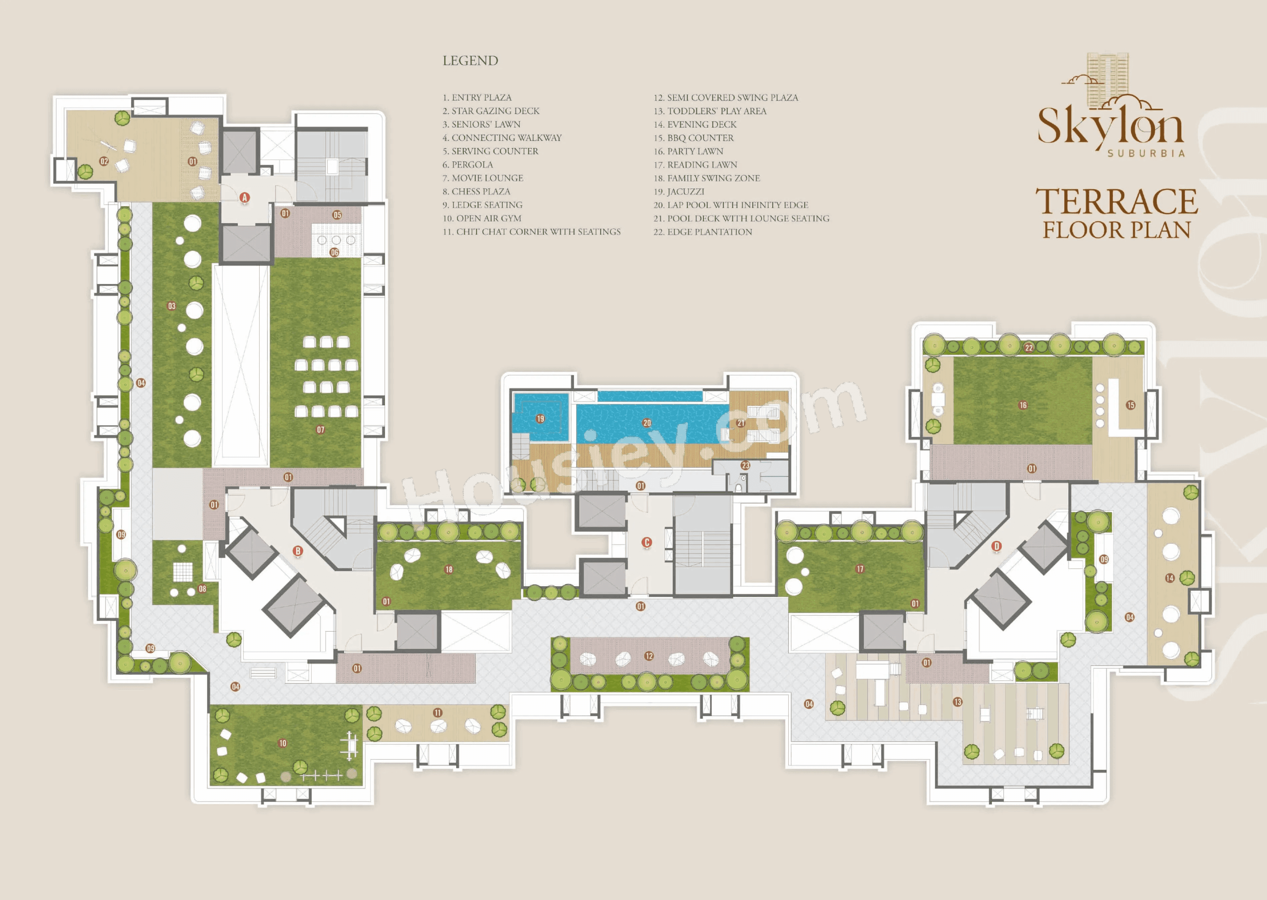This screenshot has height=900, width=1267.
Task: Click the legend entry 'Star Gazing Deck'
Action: tap(491, 111)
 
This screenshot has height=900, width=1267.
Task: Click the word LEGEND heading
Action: tap(470, 60)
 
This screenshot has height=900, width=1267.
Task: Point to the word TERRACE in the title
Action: tap(1116, 201)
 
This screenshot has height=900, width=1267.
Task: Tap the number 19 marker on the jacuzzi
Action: tap(540, 418)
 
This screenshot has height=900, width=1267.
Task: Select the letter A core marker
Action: tap(244, 197)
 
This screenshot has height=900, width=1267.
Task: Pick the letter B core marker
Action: tap(298, 551)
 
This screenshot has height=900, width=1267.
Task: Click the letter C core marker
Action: tap(646, 543)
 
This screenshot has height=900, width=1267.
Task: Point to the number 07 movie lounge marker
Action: tap(320, 429)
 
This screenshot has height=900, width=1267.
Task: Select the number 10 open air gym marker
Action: tap(283, 743)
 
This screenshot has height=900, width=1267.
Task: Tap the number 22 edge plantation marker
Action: tap(1029, 347)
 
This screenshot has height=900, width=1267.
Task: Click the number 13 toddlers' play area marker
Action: tap(958, 702)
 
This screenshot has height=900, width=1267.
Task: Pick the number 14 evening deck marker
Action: tap(1169, 578)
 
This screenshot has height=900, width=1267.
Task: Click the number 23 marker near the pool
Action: tap(746, 466)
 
